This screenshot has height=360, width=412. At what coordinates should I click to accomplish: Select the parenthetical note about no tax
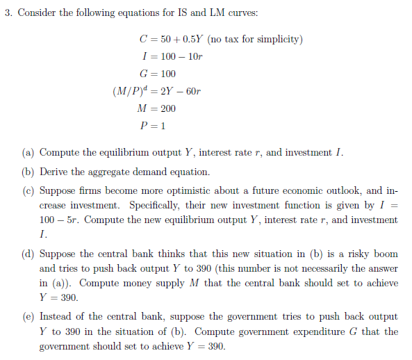[x=254, y=39]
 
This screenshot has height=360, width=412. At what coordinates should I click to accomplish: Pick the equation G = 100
[x=158, y=74]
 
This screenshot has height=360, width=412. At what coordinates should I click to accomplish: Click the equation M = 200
[x=158, y=108]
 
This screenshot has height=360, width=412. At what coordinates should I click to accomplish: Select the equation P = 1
[x=153, y=126]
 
